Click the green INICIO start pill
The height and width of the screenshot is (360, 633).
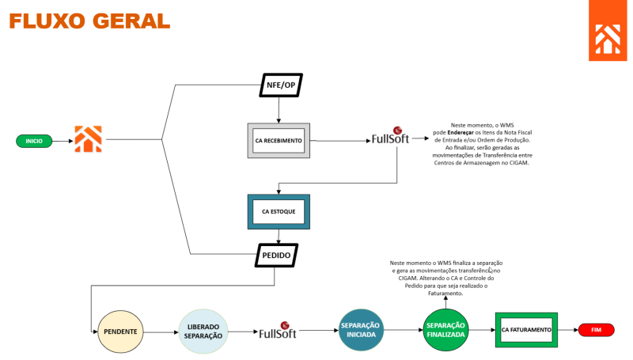[34, 141]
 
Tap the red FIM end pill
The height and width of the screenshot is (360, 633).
[596, 329]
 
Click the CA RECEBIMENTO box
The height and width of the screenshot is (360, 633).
[279, 141]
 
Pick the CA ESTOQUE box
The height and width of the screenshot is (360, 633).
[279, 212]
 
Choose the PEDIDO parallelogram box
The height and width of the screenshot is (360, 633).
[276, 256]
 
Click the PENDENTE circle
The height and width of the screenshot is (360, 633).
[120, 331]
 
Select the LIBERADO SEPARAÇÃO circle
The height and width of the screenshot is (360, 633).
[203, 331]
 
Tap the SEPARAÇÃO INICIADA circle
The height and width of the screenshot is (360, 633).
[359, 330]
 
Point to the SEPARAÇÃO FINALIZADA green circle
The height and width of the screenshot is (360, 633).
[445, 330]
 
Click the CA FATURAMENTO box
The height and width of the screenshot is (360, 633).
[526, 329]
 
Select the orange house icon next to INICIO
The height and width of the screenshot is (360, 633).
[89, 139]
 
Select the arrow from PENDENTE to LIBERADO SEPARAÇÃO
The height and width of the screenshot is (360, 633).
[161, 332]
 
